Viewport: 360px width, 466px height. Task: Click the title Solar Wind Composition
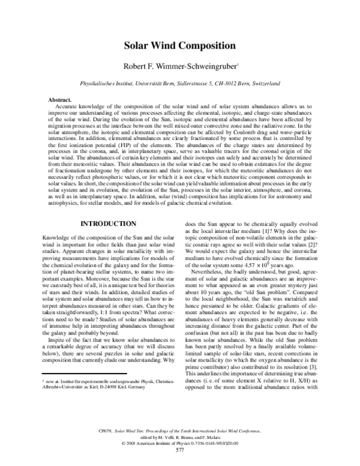[179, 45]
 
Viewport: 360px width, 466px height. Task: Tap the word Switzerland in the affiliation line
[264, 84]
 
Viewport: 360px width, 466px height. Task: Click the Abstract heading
[59, 98]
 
